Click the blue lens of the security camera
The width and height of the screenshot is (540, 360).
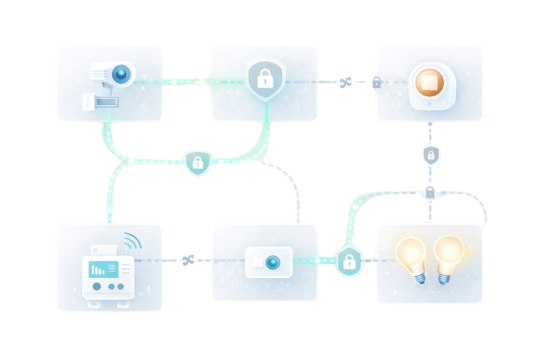tap(122, 73)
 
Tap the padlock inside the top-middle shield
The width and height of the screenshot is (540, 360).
tap(264, 78)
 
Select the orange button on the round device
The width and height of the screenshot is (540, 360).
tap(429, 82)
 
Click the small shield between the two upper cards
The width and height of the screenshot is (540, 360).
tap(198, 162)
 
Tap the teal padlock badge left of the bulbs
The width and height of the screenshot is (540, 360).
tap(349, 261)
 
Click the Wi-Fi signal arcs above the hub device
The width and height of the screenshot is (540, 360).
tap(131, 240)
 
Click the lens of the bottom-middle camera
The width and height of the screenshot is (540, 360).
tap(273, 262)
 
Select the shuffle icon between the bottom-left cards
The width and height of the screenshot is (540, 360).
tap(187, 260)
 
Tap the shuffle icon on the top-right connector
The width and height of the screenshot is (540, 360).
tap(345, 83)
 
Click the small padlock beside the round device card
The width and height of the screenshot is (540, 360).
tap(377, 83)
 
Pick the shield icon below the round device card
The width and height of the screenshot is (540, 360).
tap(431, 155)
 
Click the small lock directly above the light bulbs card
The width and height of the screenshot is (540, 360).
tap(431, 192)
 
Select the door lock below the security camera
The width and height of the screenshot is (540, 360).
tap(100, 101)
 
